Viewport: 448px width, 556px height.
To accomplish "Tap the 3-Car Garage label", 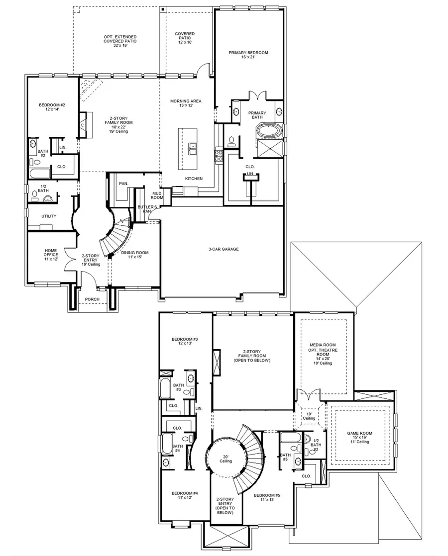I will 224,249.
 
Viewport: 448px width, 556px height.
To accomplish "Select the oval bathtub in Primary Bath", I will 268,132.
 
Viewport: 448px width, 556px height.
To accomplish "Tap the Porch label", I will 92,299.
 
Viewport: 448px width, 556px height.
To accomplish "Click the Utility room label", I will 49,216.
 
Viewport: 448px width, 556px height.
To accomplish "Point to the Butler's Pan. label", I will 147,209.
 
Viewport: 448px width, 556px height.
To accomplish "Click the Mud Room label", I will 157,195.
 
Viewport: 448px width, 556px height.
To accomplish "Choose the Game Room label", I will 359,436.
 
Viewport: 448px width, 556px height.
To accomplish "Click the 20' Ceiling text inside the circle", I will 225,459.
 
